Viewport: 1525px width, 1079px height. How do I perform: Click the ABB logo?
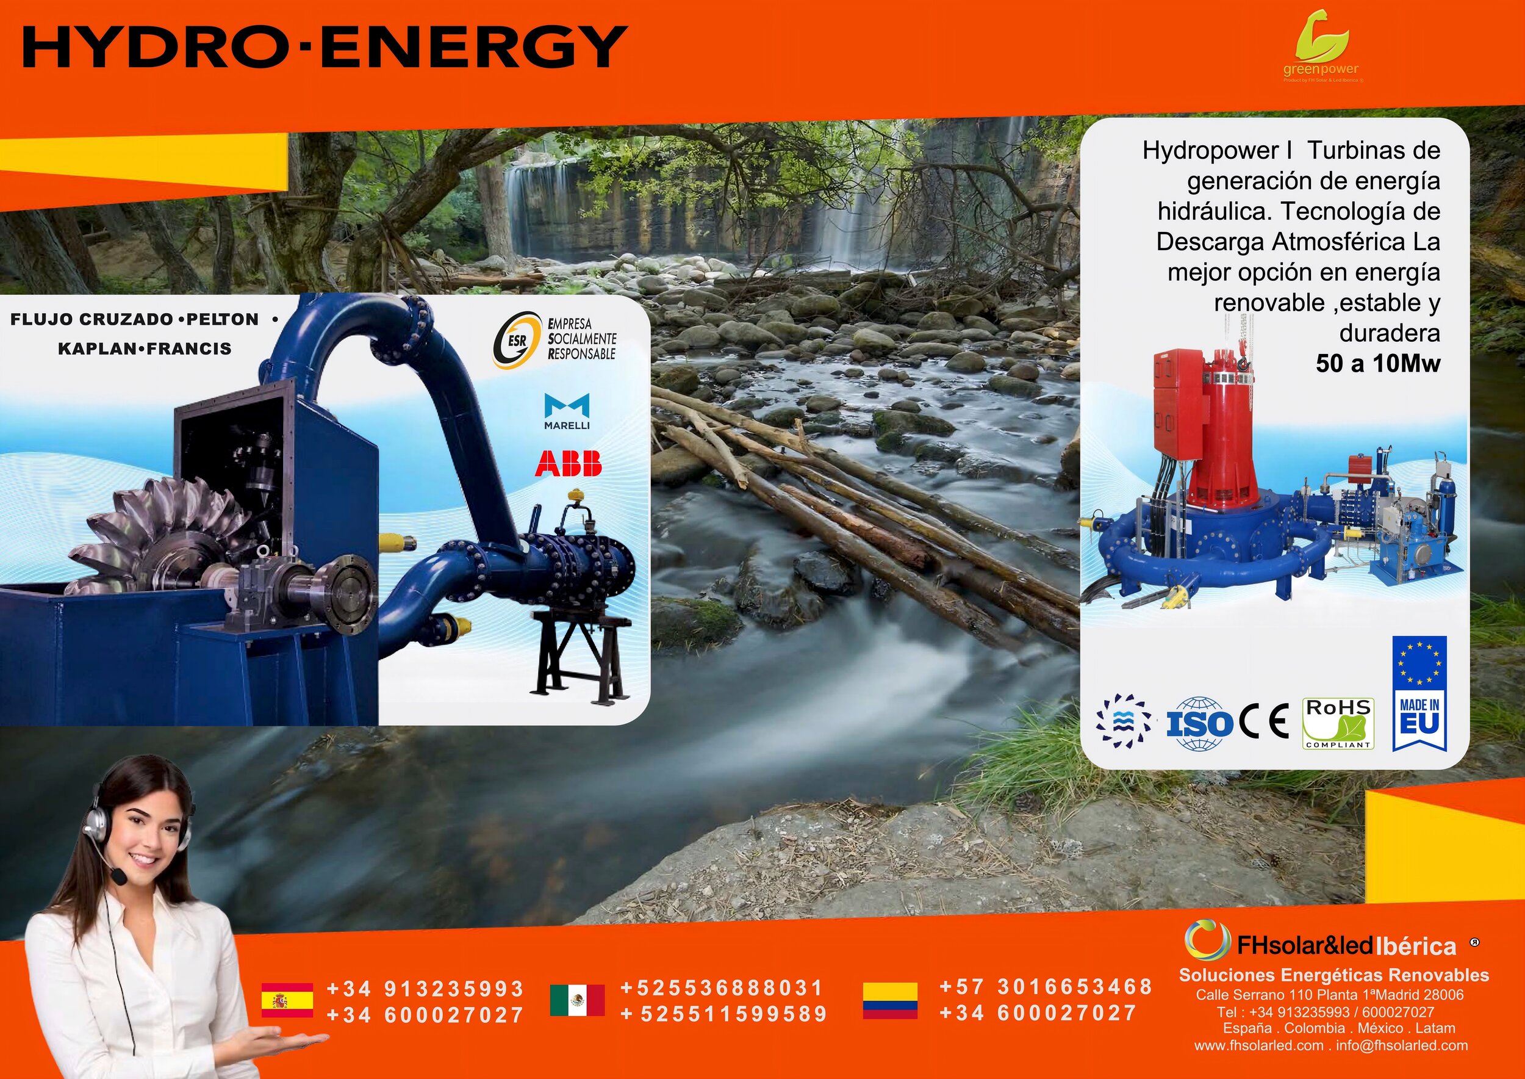(568, 463)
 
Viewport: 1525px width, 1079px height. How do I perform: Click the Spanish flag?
(287, 999)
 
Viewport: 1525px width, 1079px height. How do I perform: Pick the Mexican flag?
(577, 999)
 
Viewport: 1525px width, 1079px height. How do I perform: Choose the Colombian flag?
(890, 1000)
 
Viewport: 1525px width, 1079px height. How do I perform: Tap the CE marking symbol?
(1265, 721)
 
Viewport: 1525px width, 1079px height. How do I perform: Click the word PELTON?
(223, 320)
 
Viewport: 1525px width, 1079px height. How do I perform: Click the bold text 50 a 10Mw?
(1377, 364)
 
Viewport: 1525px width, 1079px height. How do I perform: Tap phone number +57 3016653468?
(1046, 987)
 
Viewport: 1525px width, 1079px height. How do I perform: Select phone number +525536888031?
(722, 988)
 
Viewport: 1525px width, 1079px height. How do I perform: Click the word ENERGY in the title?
(478, 46)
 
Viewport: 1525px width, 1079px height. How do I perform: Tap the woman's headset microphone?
(119, 878)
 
